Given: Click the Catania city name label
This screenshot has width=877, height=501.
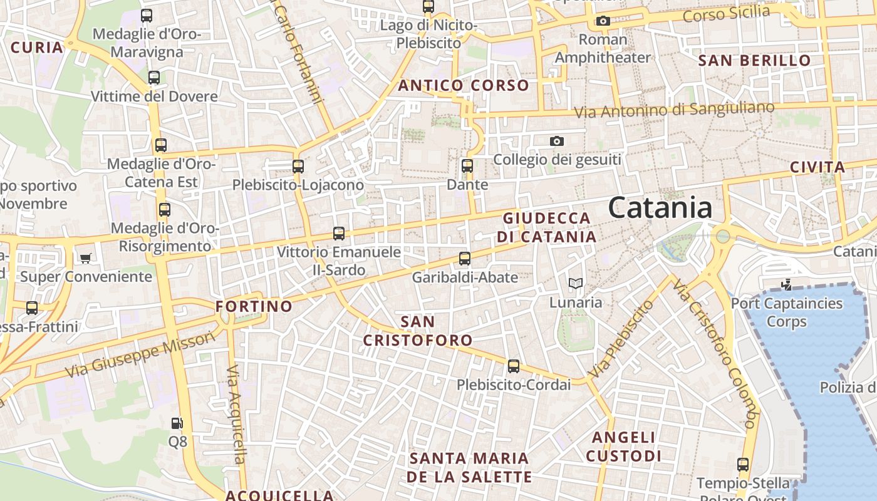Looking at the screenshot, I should point(660,208).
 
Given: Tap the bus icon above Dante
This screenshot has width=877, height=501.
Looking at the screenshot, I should point(467,166).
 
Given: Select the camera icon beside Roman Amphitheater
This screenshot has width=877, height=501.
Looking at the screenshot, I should point(603,21).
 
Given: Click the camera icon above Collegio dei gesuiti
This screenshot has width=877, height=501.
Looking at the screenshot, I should point(556,142).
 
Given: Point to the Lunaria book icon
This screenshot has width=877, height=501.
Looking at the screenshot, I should point(575,283).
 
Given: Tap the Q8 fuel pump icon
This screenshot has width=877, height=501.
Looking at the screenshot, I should point(177,423).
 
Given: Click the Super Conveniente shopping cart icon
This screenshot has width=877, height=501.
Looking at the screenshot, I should point(86,258).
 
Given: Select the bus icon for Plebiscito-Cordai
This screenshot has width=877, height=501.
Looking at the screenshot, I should point(514,366).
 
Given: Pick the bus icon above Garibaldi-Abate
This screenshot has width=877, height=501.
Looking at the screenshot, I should point(465,258).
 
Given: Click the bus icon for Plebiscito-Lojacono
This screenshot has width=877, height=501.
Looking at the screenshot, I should point(298,167).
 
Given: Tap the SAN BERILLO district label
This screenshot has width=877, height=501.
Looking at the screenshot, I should point(754,61).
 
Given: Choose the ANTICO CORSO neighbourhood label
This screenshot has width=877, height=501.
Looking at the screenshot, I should point(464,85).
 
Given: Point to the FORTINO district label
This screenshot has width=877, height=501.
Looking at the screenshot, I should point(254,306).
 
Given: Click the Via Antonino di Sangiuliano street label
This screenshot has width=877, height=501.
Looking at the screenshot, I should point(675,110).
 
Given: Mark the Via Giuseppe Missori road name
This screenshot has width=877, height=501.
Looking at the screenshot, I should point(140,355).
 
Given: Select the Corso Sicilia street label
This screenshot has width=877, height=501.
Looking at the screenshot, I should point(726,13).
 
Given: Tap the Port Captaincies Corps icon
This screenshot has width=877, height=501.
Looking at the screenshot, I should point(786,286).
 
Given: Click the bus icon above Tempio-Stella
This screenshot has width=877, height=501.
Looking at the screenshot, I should point(743,465).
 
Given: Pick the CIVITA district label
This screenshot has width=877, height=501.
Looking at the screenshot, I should point(817,167).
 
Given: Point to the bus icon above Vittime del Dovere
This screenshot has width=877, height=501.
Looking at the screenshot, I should point(154,78).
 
